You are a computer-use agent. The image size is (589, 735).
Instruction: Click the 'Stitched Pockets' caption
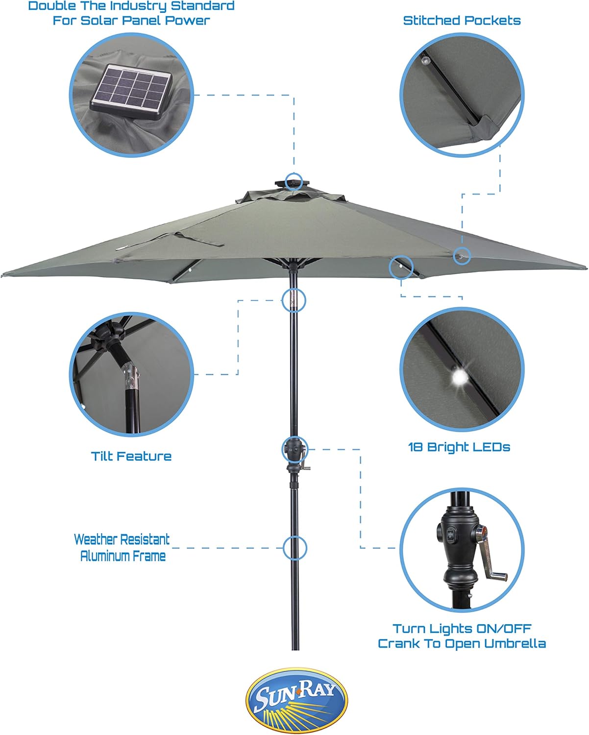tap(462, 21)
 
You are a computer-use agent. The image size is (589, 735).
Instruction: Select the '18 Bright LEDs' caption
tap(459, 447)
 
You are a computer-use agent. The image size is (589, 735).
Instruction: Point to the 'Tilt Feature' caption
tap(131, 456)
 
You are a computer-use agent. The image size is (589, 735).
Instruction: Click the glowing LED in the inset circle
tap(460, 377)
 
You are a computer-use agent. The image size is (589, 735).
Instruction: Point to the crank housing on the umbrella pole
tap(294, 451)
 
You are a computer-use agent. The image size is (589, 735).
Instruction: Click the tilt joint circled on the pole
tap(294, 300)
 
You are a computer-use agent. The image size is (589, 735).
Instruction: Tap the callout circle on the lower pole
tap(295, 548)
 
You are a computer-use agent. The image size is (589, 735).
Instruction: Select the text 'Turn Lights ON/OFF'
tap(462, 628)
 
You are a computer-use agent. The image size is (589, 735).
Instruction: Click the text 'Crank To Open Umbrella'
tap(462, 643)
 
